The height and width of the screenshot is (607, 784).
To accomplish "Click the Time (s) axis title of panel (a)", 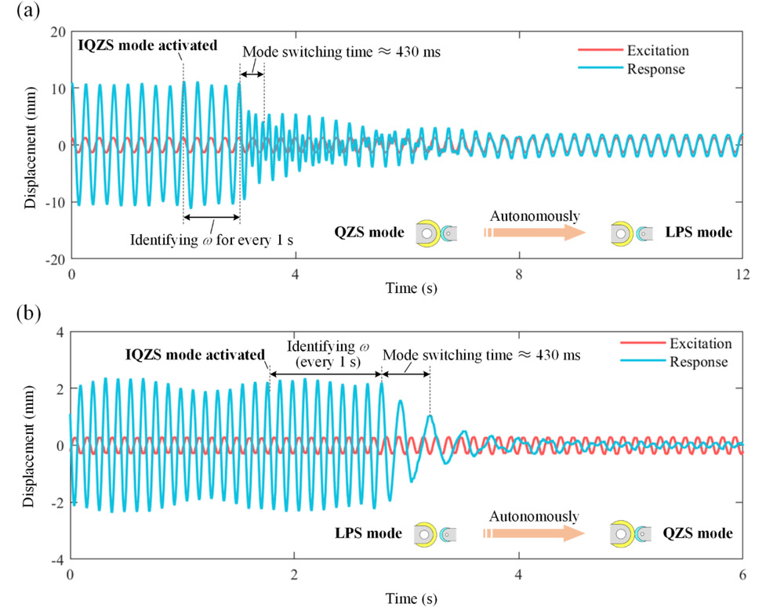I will pos(407,289).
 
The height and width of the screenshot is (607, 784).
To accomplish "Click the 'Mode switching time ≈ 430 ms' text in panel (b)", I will pos(481,355).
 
